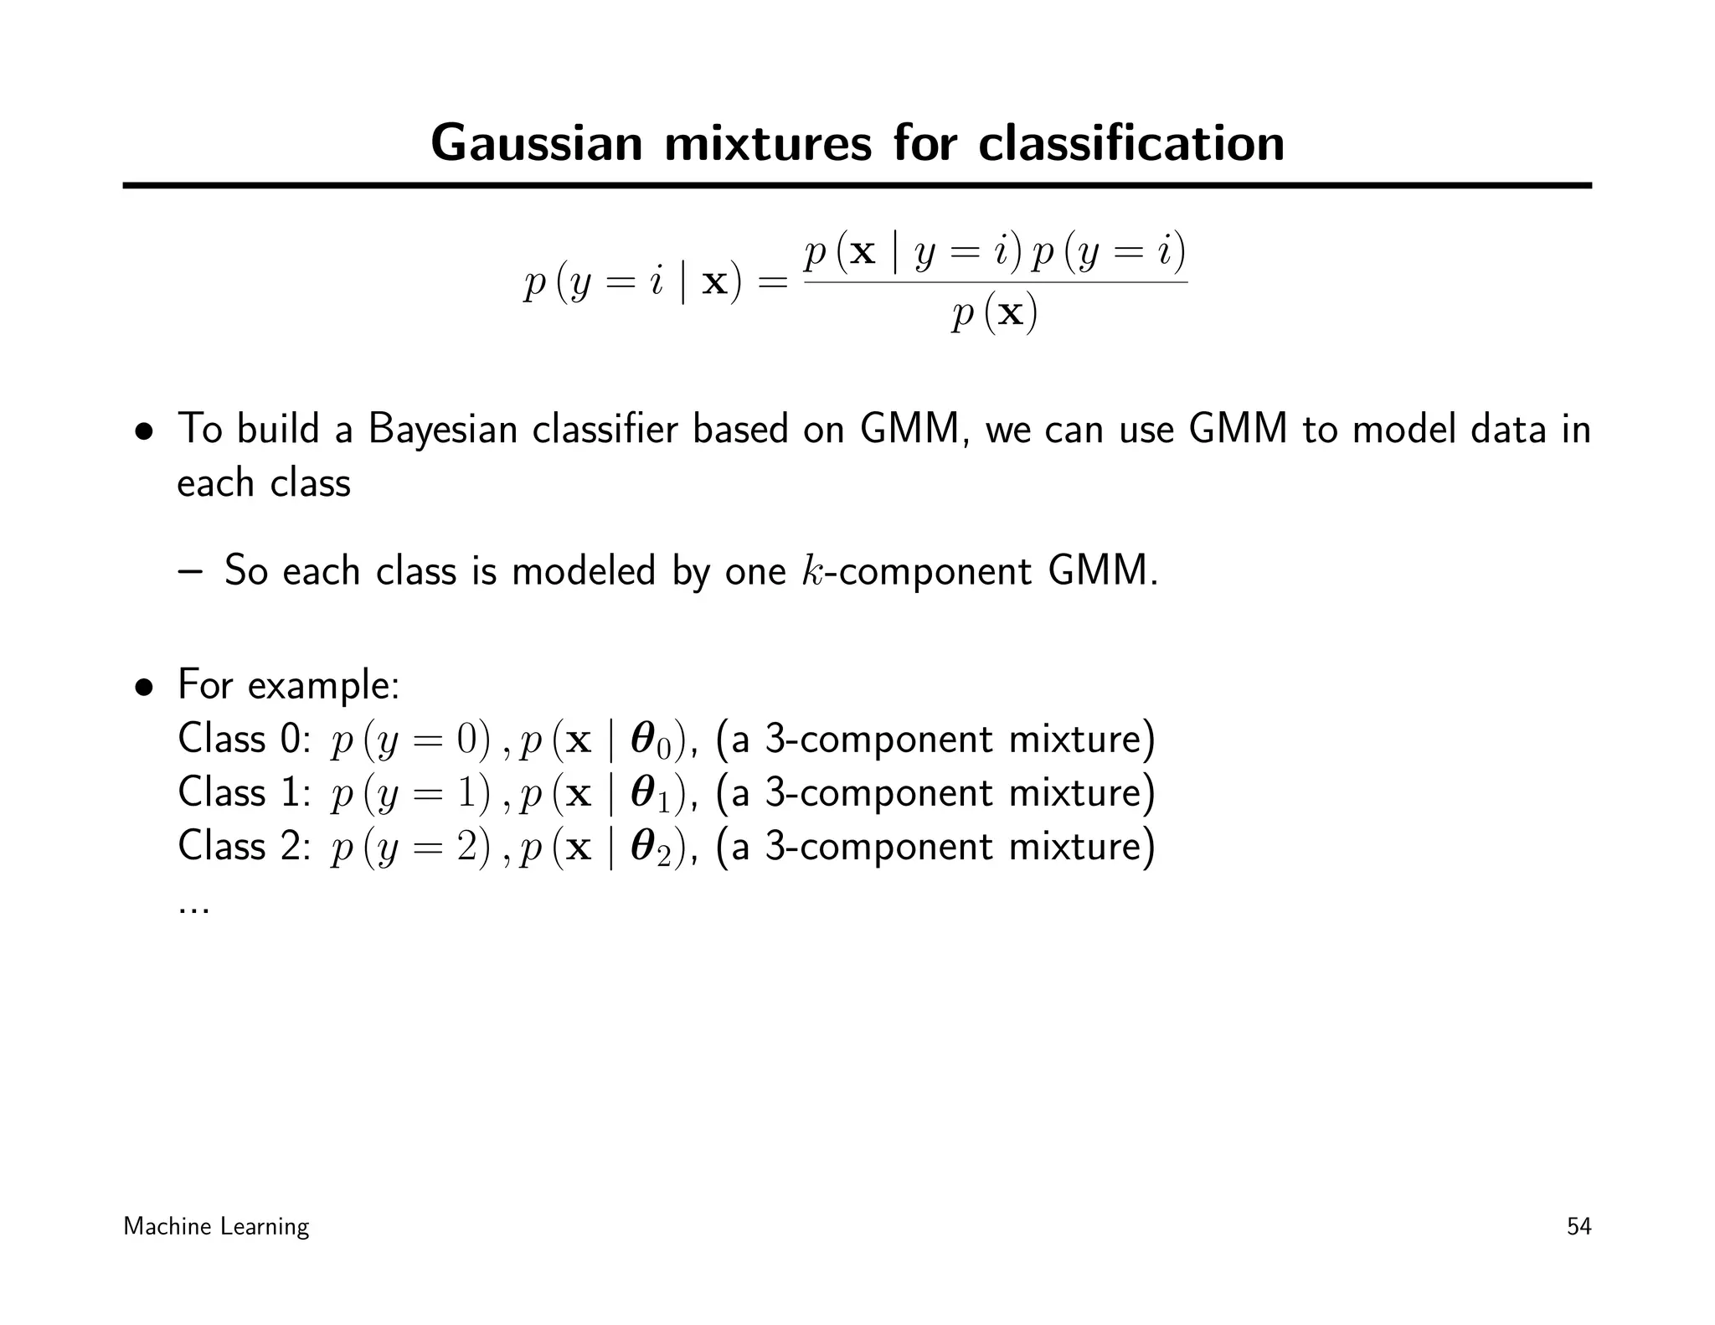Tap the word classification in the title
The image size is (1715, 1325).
[x=1131, y=143]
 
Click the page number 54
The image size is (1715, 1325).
[x=1579, y=1227]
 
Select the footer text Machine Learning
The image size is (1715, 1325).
[x=216, y=1227]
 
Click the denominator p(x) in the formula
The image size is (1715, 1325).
[x=995, y=315]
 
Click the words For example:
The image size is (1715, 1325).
[x=289, y=686]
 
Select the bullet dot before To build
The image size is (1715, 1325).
[x=145, y=432]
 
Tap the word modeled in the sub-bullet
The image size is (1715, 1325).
[x=584, y=571]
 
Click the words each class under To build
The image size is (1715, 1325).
[x=264, y=484]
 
